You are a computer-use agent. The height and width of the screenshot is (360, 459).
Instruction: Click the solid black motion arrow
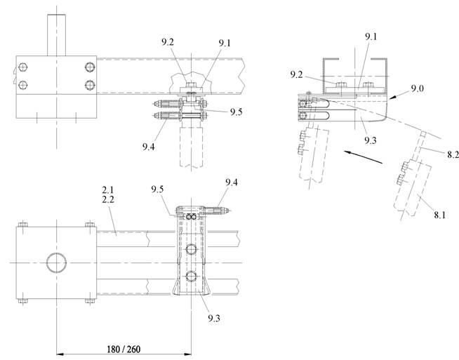(363, 156)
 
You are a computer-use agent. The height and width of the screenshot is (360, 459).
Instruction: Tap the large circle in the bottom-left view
(55, 264)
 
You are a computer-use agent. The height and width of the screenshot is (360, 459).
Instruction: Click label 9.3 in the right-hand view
(371, 140)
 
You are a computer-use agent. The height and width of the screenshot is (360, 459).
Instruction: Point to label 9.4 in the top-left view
(148, 147)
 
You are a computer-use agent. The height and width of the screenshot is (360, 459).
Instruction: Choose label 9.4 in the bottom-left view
(232, 183)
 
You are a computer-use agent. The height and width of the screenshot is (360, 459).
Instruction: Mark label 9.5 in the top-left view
(234, 112)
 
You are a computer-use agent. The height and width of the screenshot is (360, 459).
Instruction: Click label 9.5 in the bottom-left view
(158, 189)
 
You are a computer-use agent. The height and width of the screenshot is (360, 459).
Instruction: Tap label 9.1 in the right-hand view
(371, 36)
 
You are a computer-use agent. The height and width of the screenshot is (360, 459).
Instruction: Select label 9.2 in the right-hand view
(296, 74)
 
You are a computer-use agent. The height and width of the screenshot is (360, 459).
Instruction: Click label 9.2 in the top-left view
(167, 41)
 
